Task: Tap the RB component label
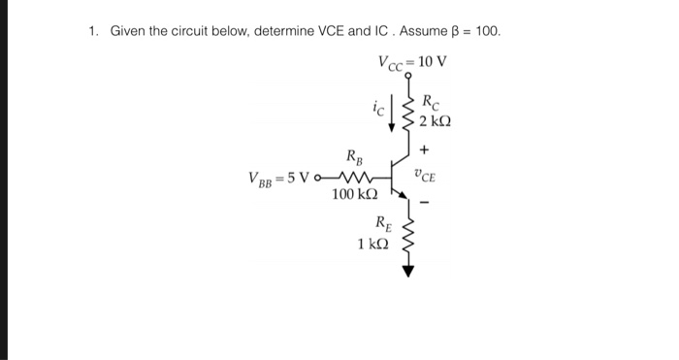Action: tap(355, 156)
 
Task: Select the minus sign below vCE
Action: tap(424, 203)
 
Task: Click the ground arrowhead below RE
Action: tap(407, 271)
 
